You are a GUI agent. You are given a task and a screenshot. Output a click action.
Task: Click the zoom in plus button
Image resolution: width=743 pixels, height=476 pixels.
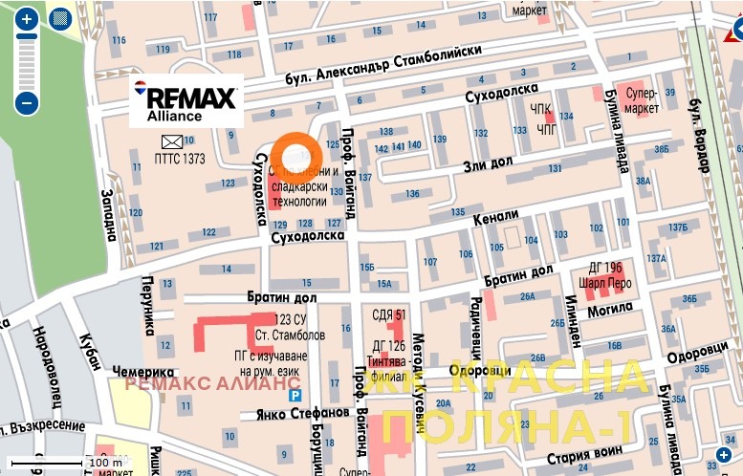27,18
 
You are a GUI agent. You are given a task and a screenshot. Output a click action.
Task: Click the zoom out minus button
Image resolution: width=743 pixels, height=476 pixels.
27,102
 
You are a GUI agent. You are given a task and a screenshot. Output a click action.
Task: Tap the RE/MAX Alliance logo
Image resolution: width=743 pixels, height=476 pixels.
186,100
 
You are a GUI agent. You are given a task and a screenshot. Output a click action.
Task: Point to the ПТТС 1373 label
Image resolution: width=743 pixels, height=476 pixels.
180,160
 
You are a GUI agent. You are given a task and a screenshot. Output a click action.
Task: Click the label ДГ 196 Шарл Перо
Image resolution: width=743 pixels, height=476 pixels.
604,274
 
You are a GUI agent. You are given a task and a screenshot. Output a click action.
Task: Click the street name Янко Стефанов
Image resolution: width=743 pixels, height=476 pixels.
302,413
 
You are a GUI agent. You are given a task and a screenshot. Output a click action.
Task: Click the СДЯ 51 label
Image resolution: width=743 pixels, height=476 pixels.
388,314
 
